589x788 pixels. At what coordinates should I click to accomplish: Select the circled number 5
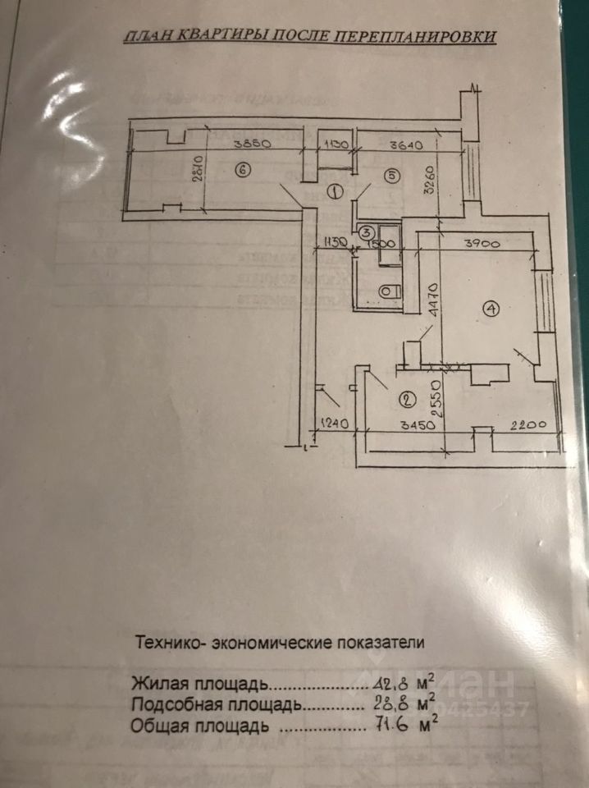click(x=390, y=175)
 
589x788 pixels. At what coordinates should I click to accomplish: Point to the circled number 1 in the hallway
click(x=335, y=192)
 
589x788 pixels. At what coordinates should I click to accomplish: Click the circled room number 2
click(x=407, y=401)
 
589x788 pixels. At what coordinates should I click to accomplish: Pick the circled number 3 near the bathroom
click(x=366, y=233)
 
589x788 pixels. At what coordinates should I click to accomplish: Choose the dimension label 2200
click(x=528, y=424)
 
